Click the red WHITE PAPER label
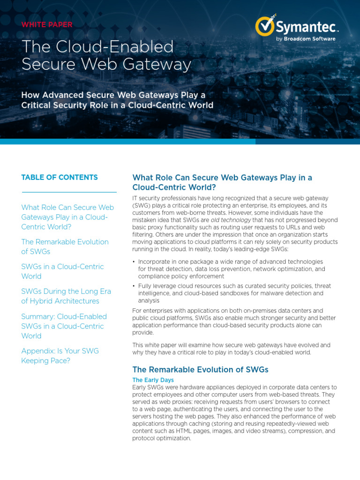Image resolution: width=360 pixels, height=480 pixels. coord(47,25)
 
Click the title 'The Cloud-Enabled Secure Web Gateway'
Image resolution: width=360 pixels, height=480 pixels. coord(106,55)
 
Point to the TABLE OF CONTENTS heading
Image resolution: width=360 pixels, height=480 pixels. coord(60,177)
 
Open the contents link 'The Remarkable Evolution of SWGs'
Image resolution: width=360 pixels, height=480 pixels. coord(65,247)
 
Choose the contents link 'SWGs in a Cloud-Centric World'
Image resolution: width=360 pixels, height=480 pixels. coord(62,271)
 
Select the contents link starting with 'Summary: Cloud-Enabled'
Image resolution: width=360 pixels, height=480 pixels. coord(64,326)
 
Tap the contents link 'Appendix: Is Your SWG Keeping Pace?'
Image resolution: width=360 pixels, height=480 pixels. coord(60,355)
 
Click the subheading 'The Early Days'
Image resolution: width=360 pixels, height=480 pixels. coord(153,380)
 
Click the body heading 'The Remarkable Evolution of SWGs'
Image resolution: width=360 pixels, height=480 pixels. coord(200,369)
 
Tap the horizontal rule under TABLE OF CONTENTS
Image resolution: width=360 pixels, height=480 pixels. coord(69,192)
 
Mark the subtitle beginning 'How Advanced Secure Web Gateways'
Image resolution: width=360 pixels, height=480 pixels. coord(117,100)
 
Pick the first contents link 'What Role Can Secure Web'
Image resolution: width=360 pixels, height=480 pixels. coord(67,217)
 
